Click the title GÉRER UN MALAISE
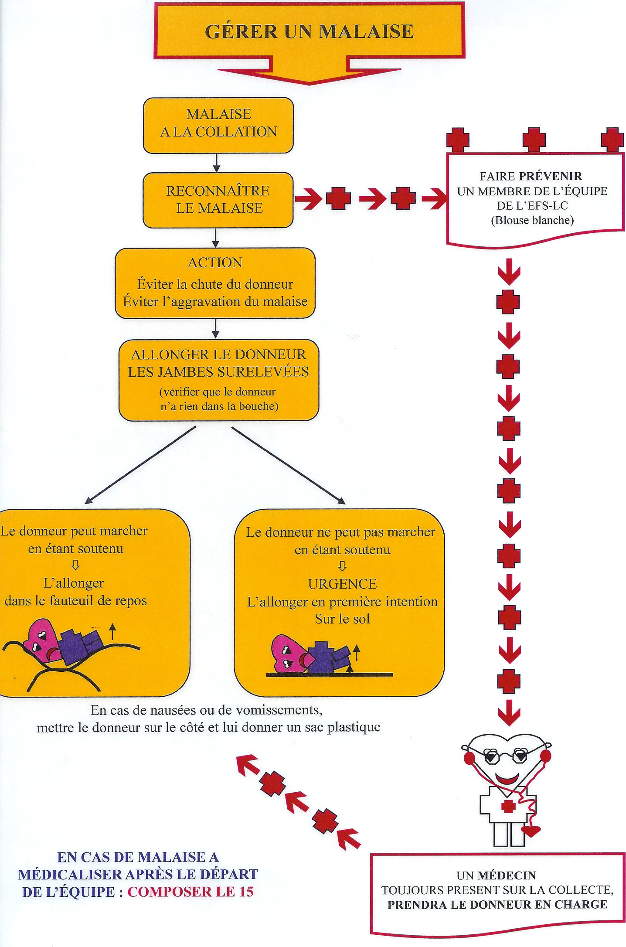pyautogui.click(x=309, y=31)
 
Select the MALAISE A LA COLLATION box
pyautogui.click(x=218, y=124)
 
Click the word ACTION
pyautogui.click(x=215, y=262)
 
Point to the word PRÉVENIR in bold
pyautogui.click(x=550, y=176)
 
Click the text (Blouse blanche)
pyautogui.click(x=532, y=220)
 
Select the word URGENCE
pyautogui.click(x=342, y=584)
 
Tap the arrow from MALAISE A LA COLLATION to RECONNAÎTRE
pyautogui.click(x=217, y=163)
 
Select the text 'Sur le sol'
pyautogui.click(x=342, y=619)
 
